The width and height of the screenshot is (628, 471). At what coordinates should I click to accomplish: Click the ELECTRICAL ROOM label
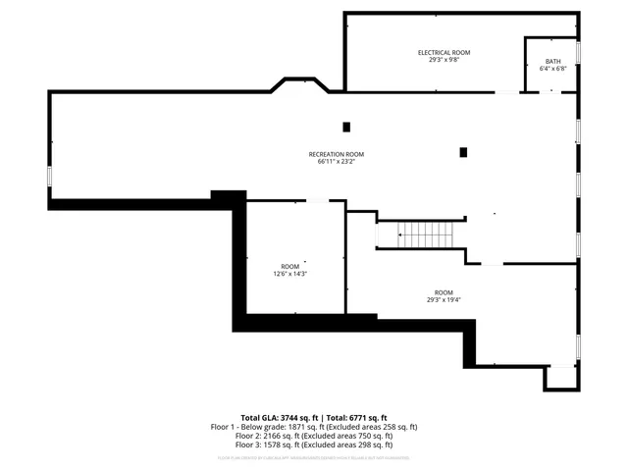[x=445, y=51]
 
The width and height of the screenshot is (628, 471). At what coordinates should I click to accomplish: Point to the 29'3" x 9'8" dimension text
[x=445, y=59]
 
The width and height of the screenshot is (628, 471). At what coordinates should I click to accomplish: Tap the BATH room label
[x=552, y=62]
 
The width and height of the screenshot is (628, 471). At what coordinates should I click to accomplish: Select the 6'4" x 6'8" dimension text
[x=552, y=70]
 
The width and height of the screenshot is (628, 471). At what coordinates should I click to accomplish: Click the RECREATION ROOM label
[x=336, y=154]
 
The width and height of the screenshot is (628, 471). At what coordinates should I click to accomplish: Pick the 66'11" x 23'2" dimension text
[x=336, y=162]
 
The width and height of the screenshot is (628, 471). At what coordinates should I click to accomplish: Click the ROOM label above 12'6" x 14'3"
[x=290, y=267]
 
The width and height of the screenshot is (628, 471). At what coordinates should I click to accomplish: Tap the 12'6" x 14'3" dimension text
[x=290, y=275]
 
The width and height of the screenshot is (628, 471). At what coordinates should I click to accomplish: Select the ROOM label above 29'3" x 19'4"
[x=445, y=292]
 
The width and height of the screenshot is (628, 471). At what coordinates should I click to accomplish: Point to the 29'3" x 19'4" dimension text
[x=445, y=300]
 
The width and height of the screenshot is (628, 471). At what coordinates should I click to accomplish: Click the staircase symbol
[x=423, y=235]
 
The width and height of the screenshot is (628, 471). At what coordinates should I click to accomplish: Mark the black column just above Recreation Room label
[x=346, y=127]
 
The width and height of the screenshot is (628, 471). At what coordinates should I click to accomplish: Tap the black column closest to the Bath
[x=463, y=152]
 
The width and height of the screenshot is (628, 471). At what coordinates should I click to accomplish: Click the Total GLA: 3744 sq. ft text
[x=275, y=418]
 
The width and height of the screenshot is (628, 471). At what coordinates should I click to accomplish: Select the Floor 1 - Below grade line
[x=314, y=427]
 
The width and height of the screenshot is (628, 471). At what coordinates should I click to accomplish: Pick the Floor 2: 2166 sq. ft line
[x=314, y=436]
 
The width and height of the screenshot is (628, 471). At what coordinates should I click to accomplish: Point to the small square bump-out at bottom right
[x=562, y=377]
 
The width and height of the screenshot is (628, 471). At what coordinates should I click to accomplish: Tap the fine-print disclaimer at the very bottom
[x=314, y=457]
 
